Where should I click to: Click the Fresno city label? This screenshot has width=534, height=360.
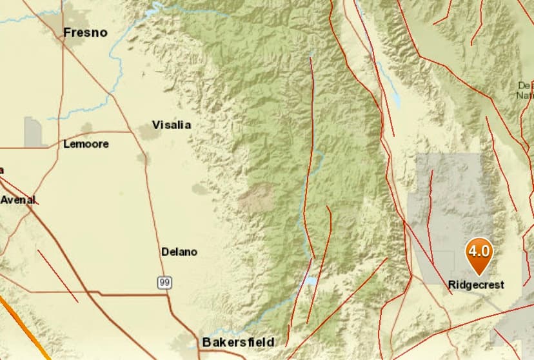84,32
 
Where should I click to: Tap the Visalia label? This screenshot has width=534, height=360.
171,125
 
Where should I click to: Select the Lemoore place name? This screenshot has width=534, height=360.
86,144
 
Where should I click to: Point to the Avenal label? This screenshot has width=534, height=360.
17,199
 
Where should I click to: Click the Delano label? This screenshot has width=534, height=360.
179,252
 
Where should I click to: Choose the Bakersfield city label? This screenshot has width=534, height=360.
238,342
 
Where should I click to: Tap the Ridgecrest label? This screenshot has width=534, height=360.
476,284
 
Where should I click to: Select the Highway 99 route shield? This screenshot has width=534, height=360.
165,283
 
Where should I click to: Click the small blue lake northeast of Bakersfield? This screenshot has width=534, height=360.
311,281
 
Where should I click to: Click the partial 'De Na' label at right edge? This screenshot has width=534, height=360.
526,90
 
